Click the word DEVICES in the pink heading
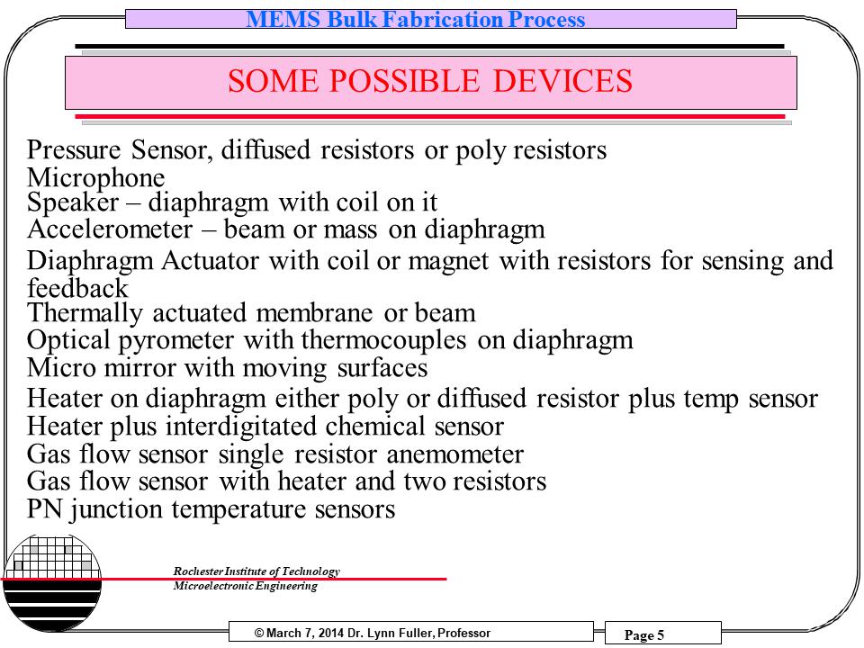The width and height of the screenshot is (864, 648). tap(562, 81)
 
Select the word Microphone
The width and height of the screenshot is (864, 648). tap(96, 178)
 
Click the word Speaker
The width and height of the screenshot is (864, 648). tap(73, 202)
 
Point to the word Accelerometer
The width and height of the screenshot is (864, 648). tap(110, 229)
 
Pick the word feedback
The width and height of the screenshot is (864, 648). tap(77, 288)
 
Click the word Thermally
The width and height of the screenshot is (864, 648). tap(85, 313)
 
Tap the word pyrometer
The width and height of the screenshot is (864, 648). tap(176, 340)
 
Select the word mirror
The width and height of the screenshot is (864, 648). tap(140, 367)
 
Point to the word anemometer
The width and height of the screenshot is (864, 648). tap(454, 454)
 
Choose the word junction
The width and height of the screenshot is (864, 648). tap(116, 509)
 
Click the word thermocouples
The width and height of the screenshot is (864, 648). tap(383, 340)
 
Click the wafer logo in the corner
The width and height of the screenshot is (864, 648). tap(52, 583)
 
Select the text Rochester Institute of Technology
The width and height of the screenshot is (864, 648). tap(256, 571)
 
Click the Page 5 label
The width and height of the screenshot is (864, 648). tap(644, 634)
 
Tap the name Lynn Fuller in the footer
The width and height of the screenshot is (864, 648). tap(400, 633)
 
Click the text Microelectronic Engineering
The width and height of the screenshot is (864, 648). tap(245, 586)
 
